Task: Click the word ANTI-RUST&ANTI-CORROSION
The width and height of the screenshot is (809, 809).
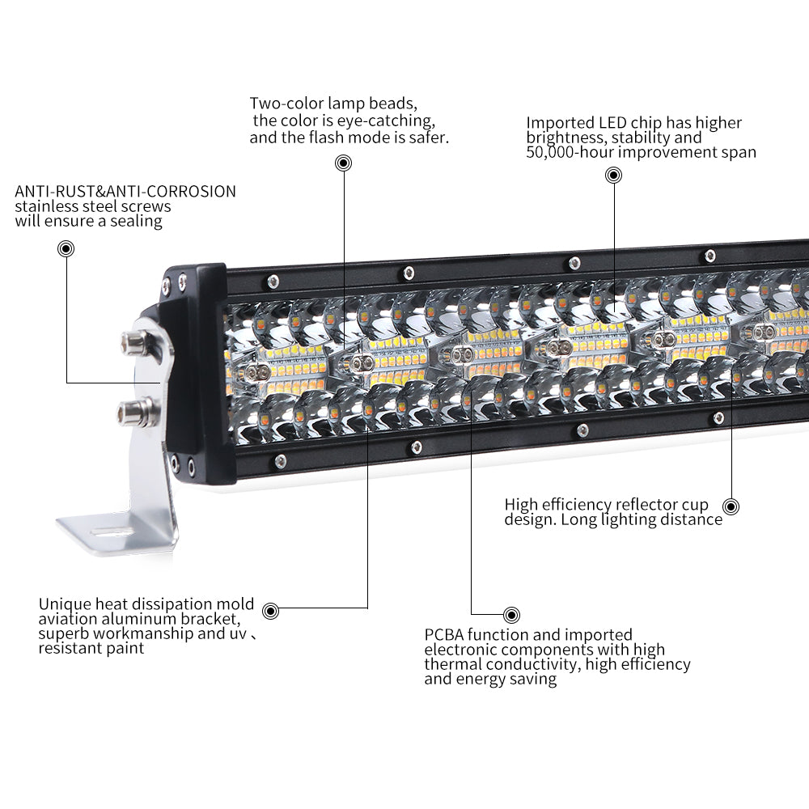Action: pyautogui.click(x=125, y=192)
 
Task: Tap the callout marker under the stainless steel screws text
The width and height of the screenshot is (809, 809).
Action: pyautogui.click(x=66, y=248)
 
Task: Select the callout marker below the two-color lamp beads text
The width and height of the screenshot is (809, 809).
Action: pyautogui.click(x=344, y=163)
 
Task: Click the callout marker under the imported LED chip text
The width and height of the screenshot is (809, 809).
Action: pyautogui.click(x=613, y=175)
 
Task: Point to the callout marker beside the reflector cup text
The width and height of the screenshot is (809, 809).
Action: pyautogui.click(x=731, y=506)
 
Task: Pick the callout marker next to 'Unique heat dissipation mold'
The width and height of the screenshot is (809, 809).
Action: pyautogui.click(x=271, y=612)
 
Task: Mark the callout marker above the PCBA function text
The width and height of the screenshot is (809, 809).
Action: pyautogui.click(x=511, y=615)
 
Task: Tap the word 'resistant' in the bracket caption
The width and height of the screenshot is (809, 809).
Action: pyautogui.click(x=69, y=648)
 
